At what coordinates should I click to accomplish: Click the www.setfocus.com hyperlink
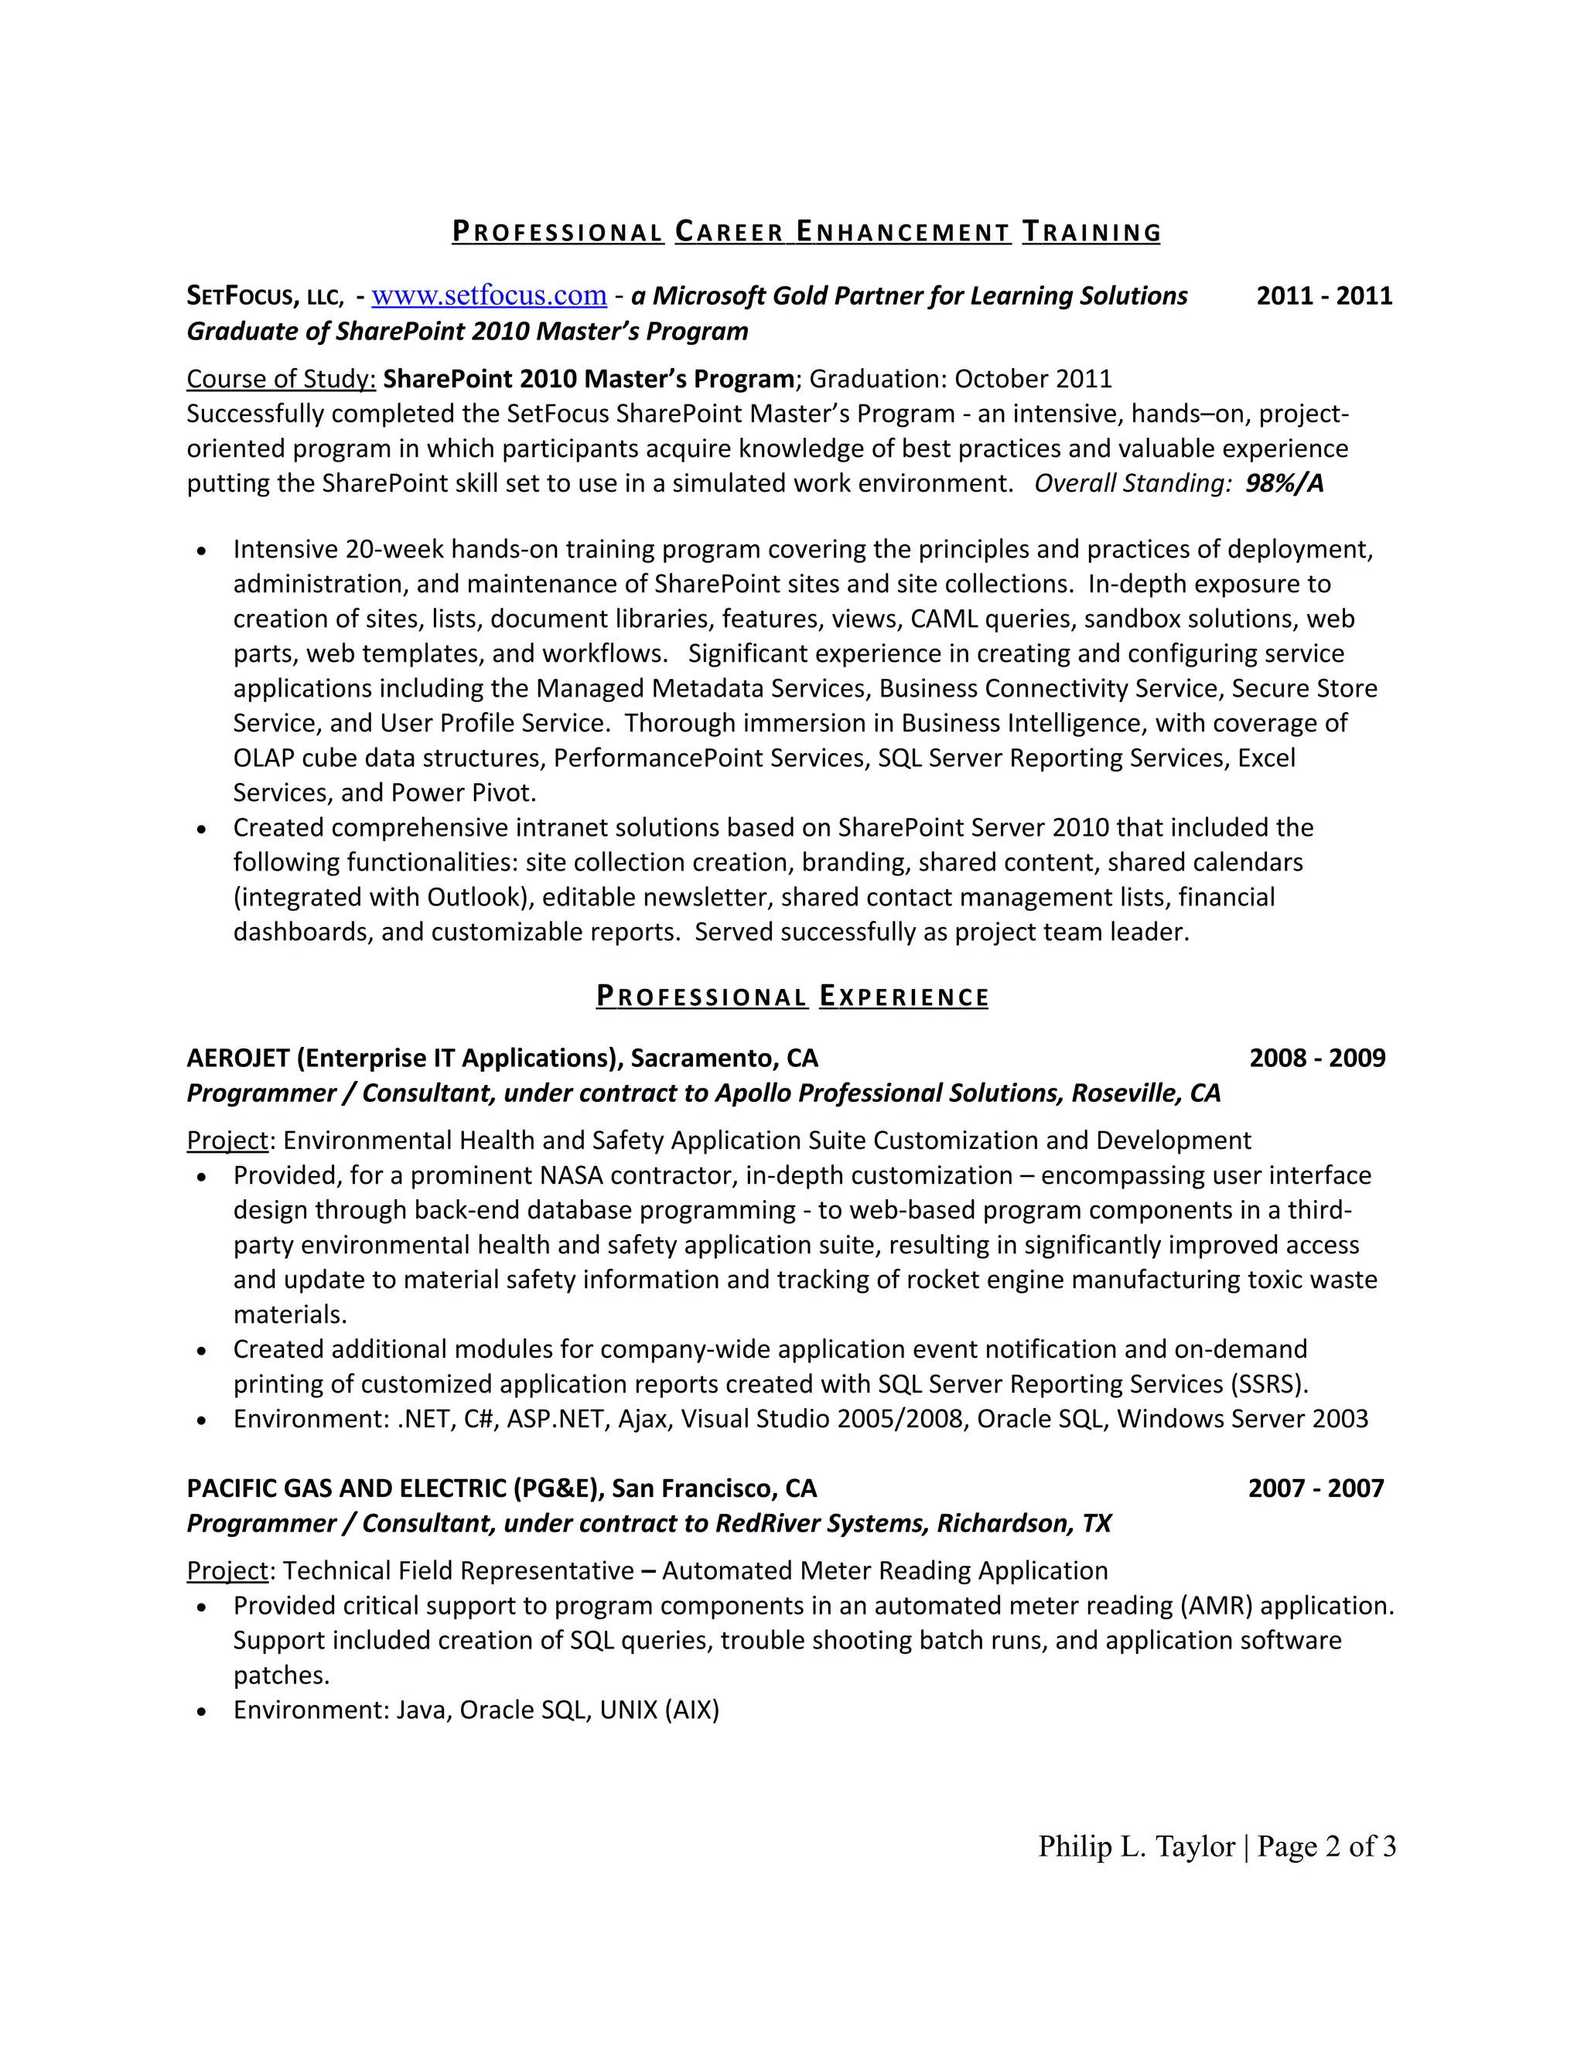[489, 295]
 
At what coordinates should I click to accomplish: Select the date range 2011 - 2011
[1323, 295]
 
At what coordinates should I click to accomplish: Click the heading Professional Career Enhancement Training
[806, 232]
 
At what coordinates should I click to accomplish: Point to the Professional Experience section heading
[792, 997]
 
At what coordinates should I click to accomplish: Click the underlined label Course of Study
[281, 379]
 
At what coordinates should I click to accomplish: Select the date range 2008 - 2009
[1316, 1059]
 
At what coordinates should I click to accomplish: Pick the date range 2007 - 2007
[1316, 1489]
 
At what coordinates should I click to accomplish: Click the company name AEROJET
[237, 1059]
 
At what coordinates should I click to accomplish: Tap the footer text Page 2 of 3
[1326, 1846]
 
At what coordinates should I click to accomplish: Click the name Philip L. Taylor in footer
[1136, 1846]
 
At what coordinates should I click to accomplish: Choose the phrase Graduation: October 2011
[960, 379]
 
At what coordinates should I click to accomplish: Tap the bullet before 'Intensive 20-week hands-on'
[202, 551]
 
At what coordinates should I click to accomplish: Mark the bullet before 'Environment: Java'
[202, 1712]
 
